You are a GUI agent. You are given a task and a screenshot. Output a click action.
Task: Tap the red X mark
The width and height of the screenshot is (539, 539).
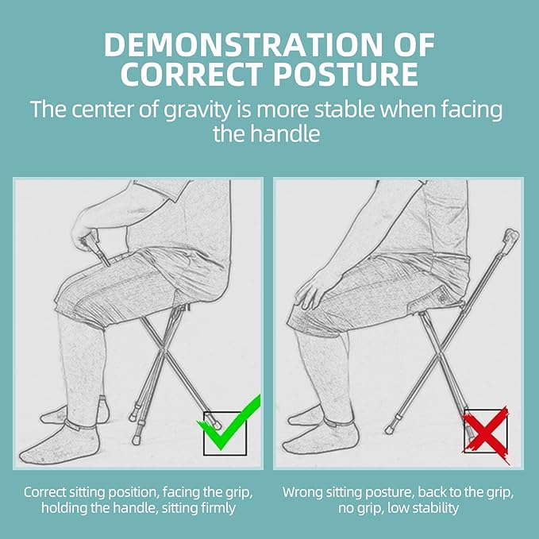tap(485, 433)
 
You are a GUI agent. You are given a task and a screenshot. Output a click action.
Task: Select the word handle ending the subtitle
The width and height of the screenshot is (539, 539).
tap(290, 133)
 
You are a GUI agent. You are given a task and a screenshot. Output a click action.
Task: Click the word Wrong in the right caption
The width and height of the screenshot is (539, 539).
tap(302, 492)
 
